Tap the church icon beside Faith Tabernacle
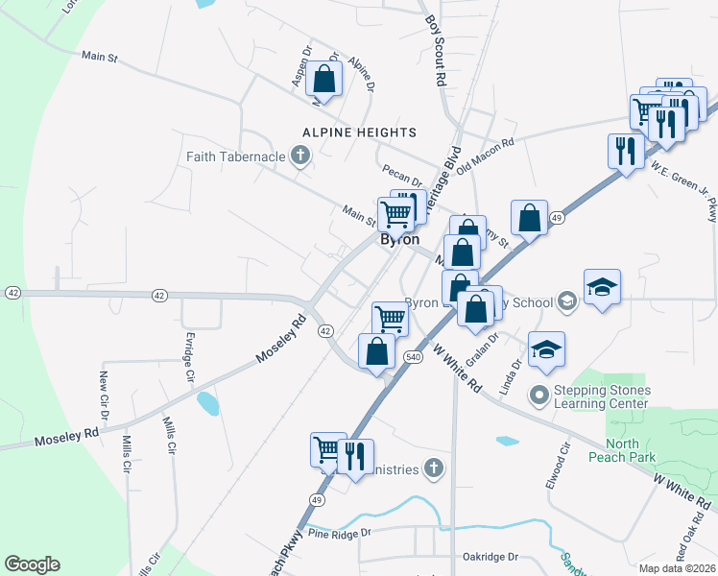[x=300, y=156]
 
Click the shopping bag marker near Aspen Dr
[x=324, y=80]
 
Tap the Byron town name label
[x=400, y=240]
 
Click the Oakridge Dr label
[x=490, y=556]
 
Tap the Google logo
[x=32, y=564]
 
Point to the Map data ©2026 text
[x=679, y=566]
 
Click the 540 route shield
[x=414, y=357]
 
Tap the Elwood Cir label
[x=553, y=466]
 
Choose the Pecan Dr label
[x=401, y=180]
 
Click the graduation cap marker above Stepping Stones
[x=546, y=350]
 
